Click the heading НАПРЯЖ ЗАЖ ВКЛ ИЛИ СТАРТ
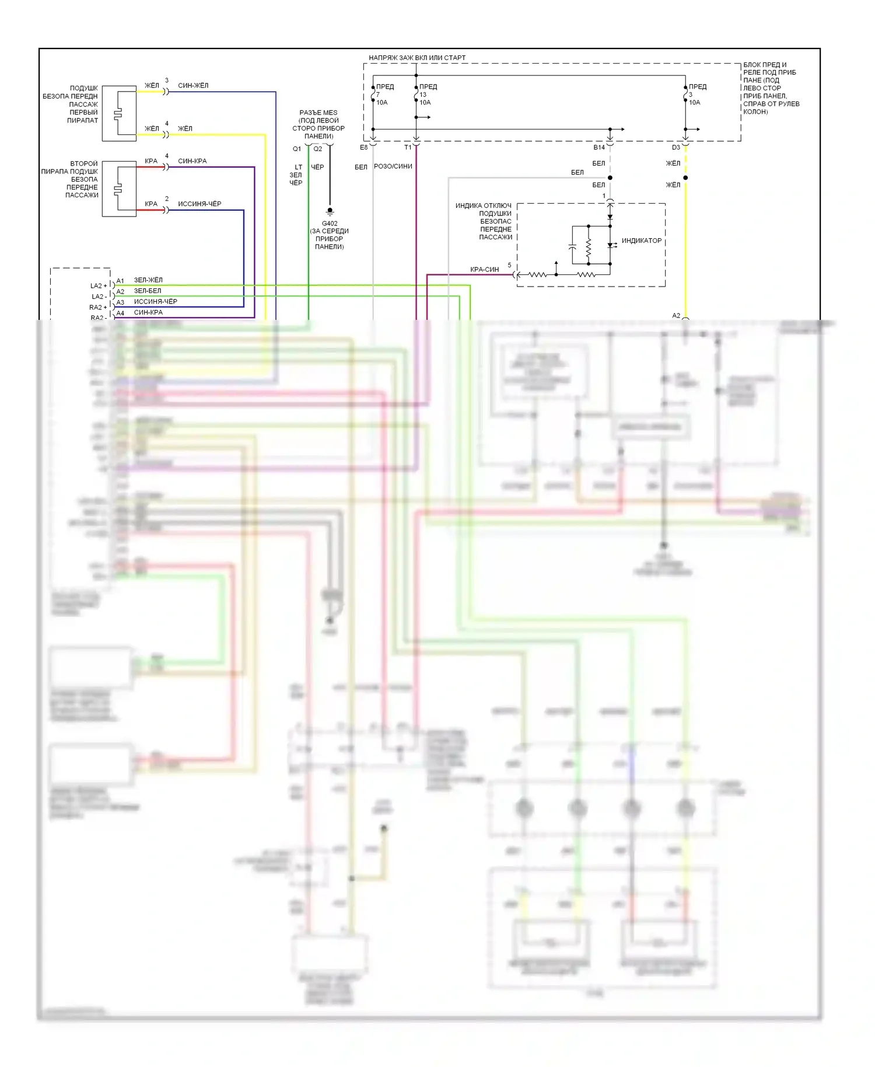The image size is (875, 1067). (417, 58)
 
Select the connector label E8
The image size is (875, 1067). (364, 148)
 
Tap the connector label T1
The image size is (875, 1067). (408, 148)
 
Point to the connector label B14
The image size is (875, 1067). (599, 148)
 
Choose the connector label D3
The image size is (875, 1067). (675, 148)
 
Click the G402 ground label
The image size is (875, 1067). (330, 224)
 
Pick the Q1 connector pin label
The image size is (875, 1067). (297, 149)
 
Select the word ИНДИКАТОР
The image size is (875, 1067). (641, 240)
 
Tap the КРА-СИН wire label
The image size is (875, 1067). (485, 270)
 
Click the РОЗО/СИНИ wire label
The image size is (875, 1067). (393, 166)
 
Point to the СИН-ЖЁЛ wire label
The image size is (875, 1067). (193, 86)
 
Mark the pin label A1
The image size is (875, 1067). (120, 281)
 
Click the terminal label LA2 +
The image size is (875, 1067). (99, 286)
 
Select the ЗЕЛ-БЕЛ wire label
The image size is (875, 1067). (148, 291)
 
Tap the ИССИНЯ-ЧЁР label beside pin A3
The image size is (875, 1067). (156, 302)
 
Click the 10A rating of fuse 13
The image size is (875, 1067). (425, 103)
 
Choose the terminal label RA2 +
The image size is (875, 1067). (98, 308)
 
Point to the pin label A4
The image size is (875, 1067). (120, 313)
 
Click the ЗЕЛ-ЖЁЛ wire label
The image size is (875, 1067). (148, 280)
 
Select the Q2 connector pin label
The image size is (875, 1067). (317, 149)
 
